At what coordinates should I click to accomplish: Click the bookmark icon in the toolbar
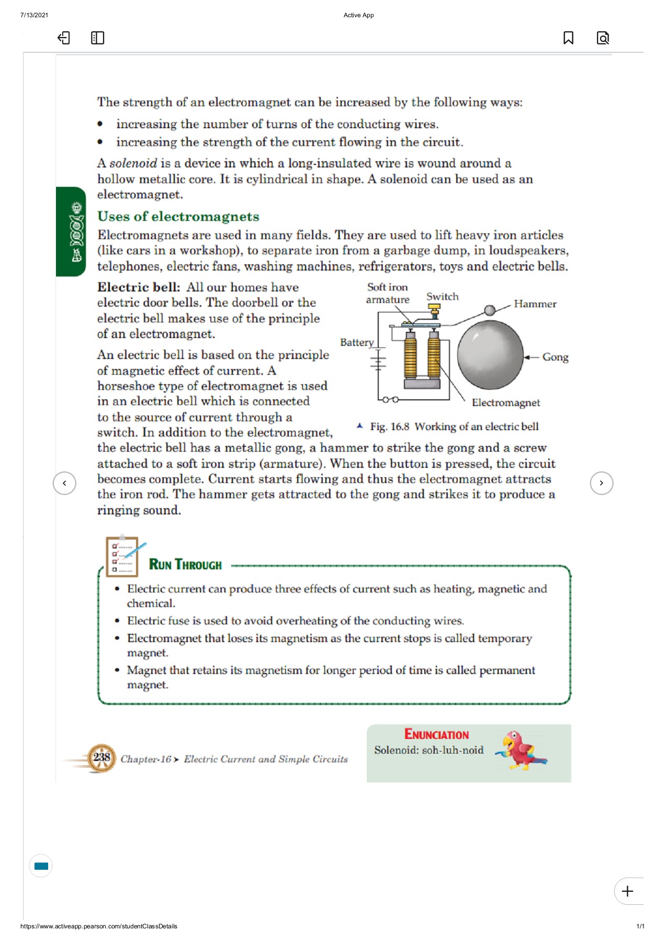coord(568,38)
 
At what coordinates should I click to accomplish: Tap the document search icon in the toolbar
coord(603,38)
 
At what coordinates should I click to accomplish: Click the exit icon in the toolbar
coord(63,38)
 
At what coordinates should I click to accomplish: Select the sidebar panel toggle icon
coord(97,38)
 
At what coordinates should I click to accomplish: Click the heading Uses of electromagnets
coord(178,217)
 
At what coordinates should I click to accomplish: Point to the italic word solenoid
coord(133,163)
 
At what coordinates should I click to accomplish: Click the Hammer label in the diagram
coord(535,304)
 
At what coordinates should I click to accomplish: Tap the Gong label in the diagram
coord(555,357)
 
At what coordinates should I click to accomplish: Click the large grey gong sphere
coord(490,355)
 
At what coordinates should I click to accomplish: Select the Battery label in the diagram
coord(357,342)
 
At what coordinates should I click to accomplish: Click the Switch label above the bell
coord(442,297)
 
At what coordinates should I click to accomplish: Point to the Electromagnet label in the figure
coord(505,402)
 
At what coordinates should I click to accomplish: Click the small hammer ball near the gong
coord(490,310)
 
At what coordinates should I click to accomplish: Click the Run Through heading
coord(185,565)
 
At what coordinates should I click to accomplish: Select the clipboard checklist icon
coord(122,556)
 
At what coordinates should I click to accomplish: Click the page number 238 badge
coord(101,758)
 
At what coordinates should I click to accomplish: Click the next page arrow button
coord(601,483)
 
